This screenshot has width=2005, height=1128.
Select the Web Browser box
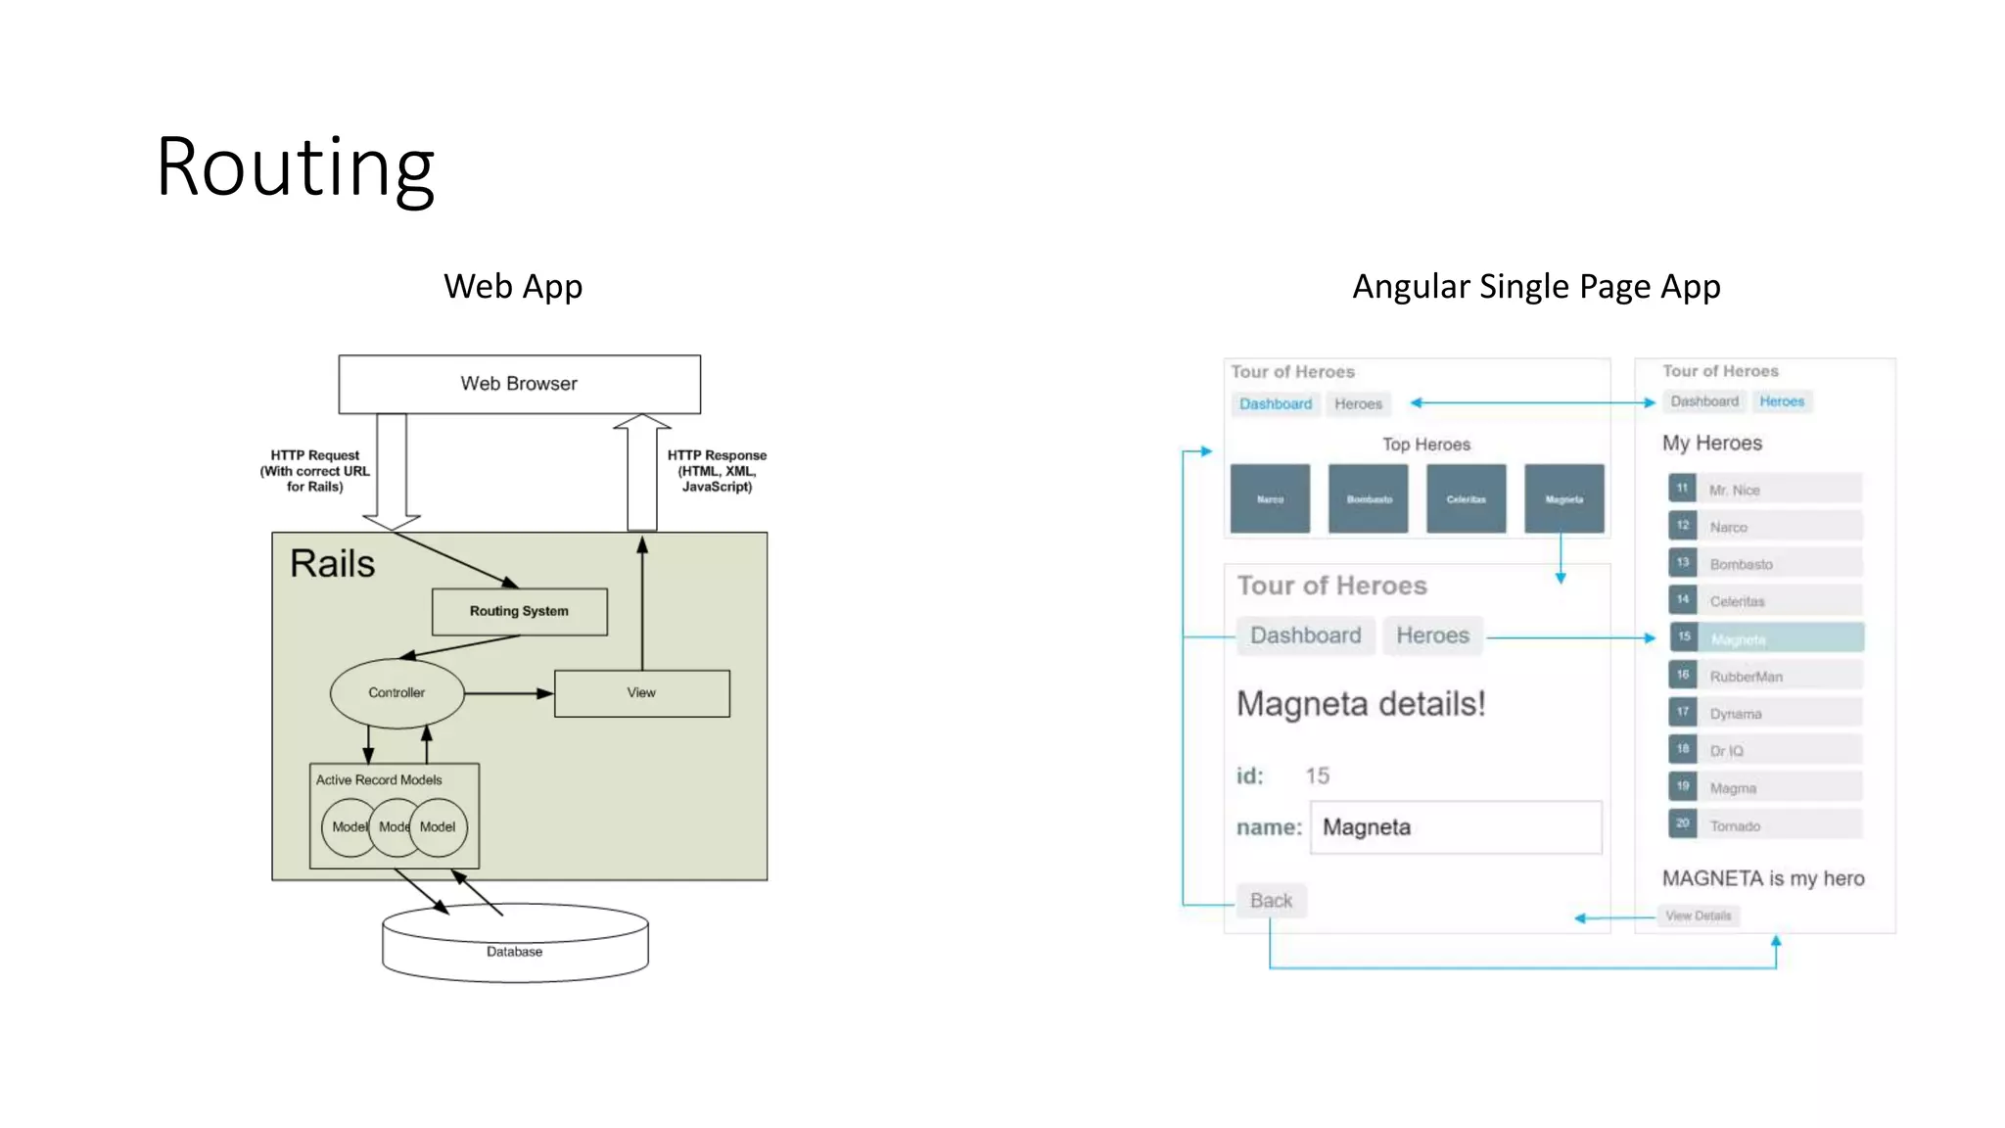[519, 384]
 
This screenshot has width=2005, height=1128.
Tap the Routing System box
[519, 611]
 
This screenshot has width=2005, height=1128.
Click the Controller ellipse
[396, 693]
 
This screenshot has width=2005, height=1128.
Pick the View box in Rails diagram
[641, 693]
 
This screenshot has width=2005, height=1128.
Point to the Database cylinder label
[514, 952]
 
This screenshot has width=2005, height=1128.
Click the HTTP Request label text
[314, 471]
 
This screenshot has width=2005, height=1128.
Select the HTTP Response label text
[717, 471]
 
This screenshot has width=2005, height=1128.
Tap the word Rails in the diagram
[332, 564]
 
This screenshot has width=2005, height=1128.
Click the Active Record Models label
[379, 780]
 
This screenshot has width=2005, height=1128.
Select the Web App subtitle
[513, 287]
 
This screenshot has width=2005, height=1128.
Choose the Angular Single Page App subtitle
[1536, 287]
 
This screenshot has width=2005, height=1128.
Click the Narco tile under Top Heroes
[1270, 499]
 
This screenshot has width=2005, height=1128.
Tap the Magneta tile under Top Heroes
[1563, 499]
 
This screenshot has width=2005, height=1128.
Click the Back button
[1271, 901]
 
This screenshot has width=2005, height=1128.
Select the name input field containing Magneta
[1456, 827]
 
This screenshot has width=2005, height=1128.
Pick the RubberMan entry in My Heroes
[1765, 677]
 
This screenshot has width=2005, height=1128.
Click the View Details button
[1699, 916]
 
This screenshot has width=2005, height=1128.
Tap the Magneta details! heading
[1361, 704]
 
